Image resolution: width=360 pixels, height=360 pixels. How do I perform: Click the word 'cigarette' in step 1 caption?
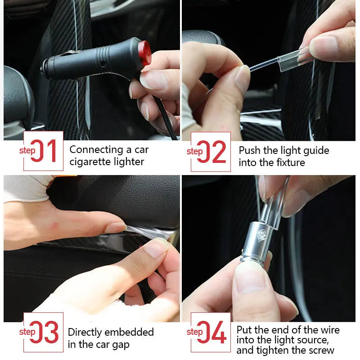[90, 162]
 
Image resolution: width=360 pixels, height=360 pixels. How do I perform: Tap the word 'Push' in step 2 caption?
[249, 150]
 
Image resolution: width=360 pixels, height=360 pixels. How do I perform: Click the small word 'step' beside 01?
[27, 150]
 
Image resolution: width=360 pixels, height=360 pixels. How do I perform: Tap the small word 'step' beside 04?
[194, 332]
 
